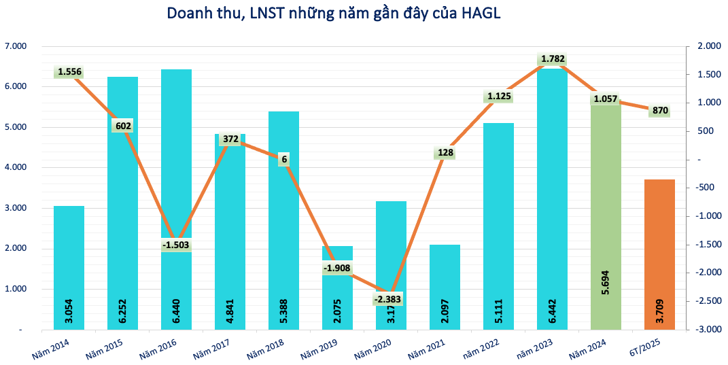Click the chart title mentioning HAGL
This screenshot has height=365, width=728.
point(333,14)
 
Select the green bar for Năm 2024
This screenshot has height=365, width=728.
point(606,218)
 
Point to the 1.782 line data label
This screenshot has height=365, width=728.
point(553,59)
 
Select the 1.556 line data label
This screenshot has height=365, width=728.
point(69,71)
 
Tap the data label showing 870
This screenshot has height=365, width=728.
point(660,110)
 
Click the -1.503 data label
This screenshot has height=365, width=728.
point(177,245)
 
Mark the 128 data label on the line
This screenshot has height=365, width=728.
point(445,152)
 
